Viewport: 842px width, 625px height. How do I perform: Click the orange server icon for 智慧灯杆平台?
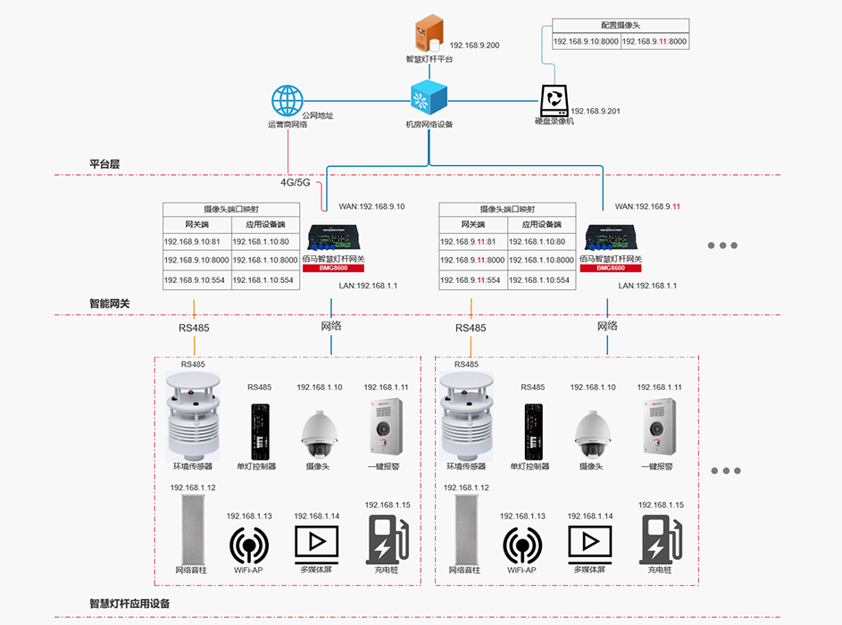429,34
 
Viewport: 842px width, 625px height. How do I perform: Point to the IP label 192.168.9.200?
474,46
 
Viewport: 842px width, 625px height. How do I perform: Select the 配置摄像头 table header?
621,26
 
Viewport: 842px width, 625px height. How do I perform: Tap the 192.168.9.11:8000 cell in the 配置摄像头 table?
654,41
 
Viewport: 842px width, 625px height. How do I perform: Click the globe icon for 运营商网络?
288,101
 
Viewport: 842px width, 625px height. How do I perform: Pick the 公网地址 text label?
317,115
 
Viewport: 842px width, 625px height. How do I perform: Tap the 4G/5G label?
295,182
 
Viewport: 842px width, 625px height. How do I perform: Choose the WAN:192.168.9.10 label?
371,206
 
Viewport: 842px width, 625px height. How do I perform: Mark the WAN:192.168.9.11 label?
647,206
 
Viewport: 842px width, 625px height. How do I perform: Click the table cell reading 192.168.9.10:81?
196,241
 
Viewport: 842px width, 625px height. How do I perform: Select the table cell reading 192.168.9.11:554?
472,279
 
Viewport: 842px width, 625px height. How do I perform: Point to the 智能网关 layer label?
110,304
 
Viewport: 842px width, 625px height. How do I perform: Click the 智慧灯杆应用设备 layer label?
129,604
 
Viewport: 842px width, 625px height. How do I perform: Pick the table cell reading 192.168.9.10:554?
196,279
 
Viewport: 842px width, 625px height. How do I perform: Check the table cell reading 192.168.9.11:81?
472,241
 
